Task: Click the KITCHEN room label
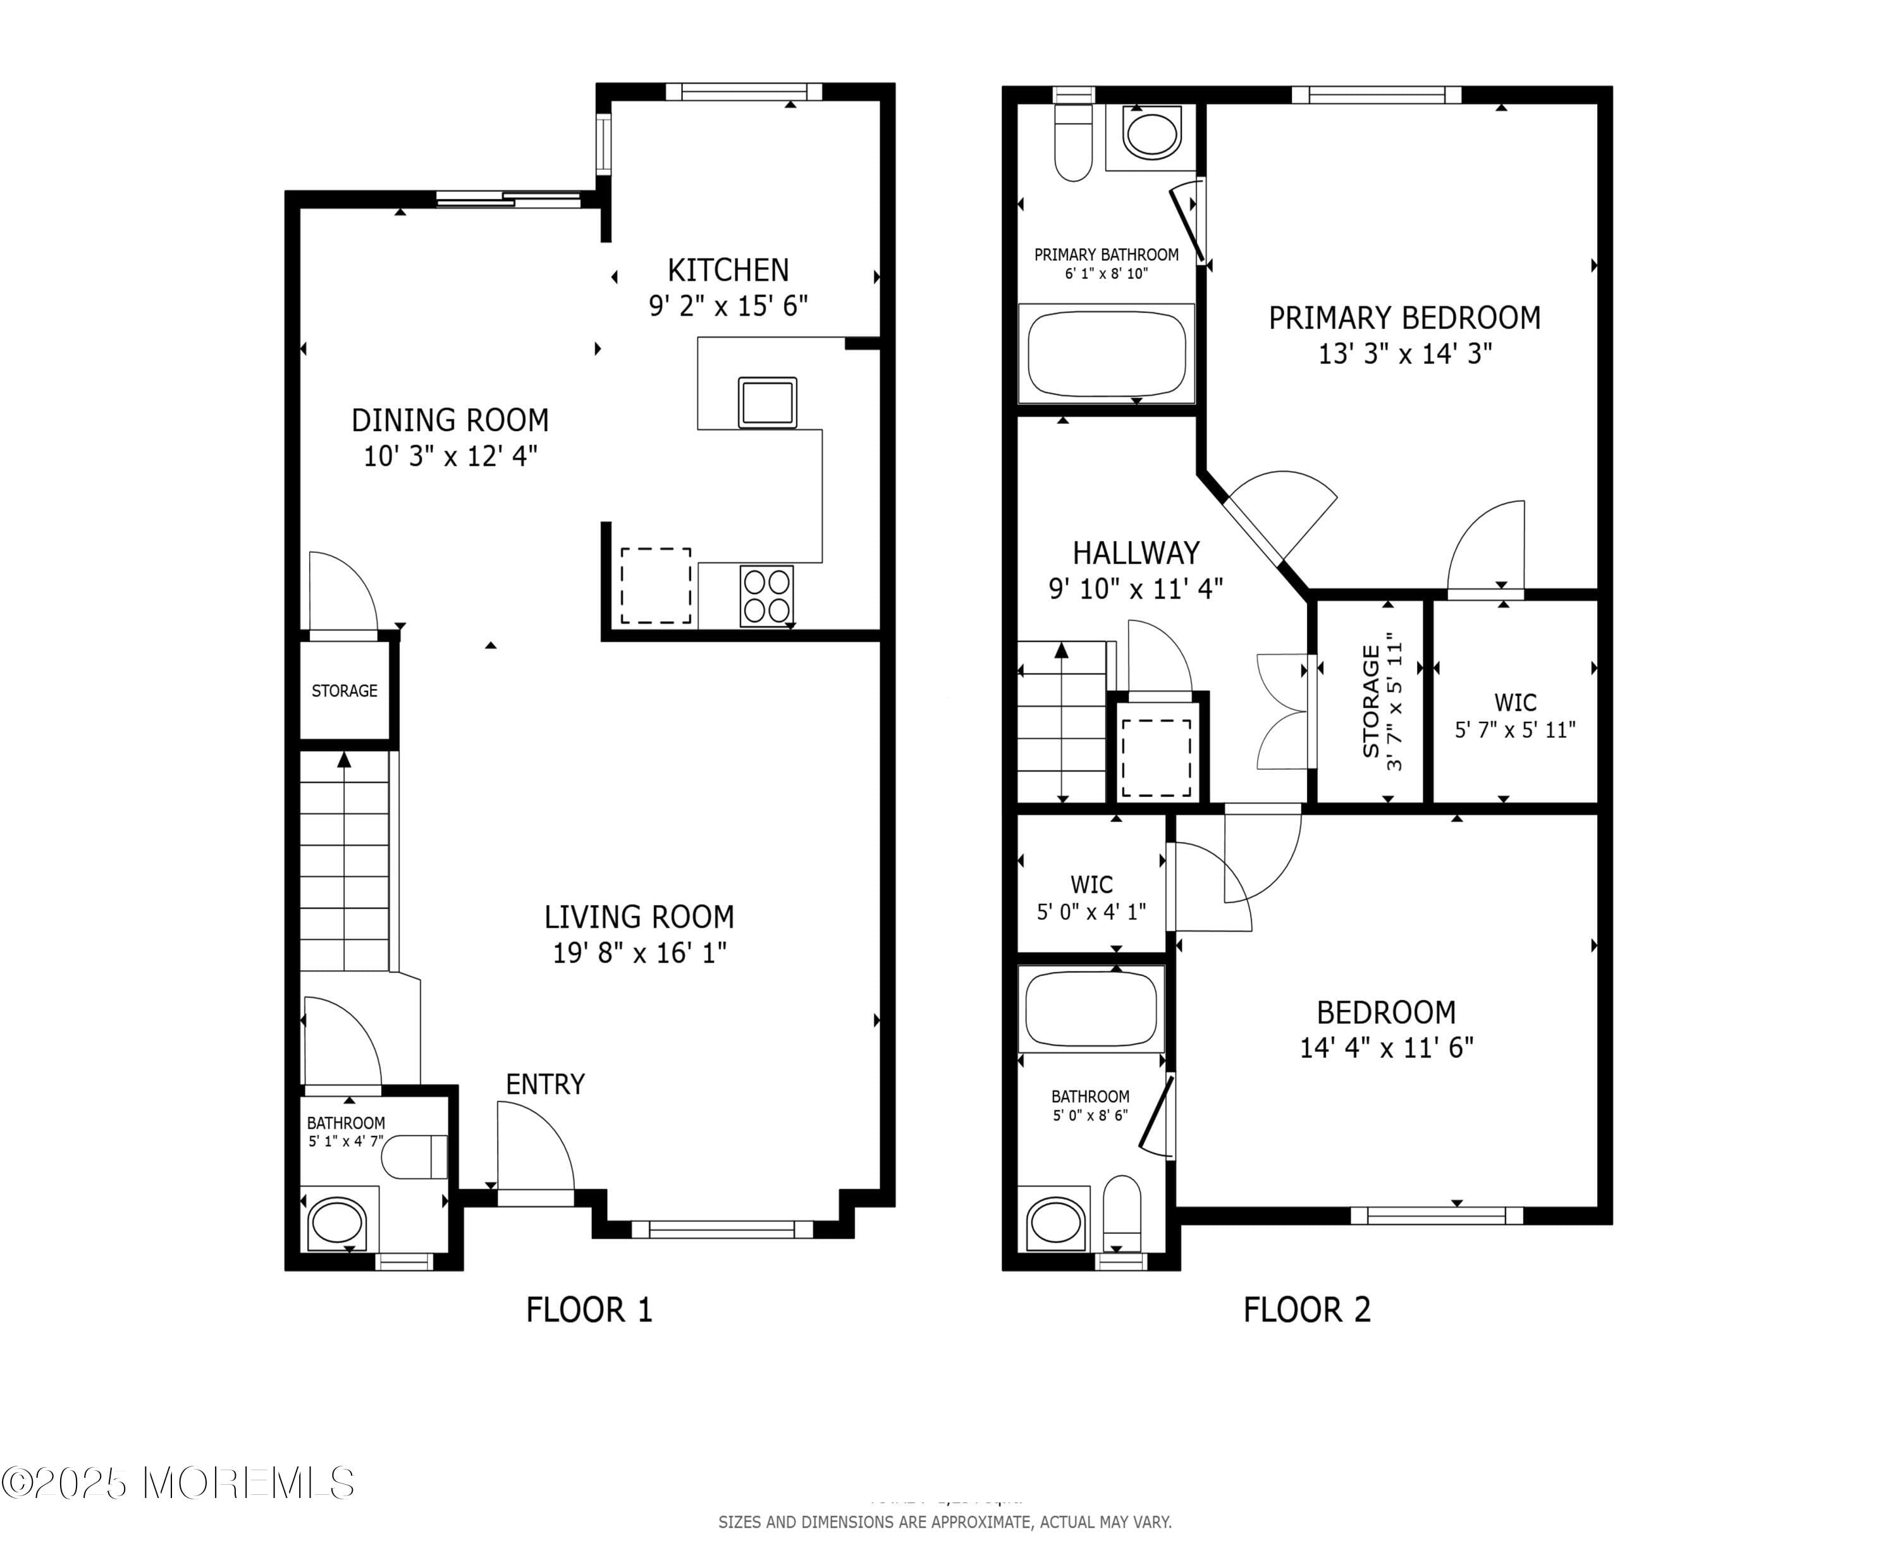point(727,270)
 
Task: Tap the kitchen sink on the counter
point(767,403)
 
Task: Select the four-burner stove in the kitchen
point(767,596)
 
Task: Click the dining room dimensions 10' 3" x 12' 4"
point(450,457)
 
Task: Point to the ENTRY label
point(545,1084)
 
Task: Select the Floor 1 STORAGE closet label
point(345,691)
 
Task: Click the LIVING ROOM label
point(639,917)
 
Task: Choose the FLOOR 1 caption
point(589,1310)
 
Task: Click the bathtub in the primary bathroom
point(1106,353)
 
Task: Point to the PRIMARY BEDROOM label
point(1404,317)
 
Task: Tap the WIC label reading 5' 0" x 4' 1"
point(1091,898)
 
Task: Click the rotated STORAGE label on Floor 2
point(1380,702)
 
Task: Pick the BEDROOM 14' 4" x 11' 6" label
point(1386,1029)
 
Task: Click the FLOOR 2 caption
point(1306,1310)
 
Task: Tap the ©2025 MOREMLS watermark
point(178,1483)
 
